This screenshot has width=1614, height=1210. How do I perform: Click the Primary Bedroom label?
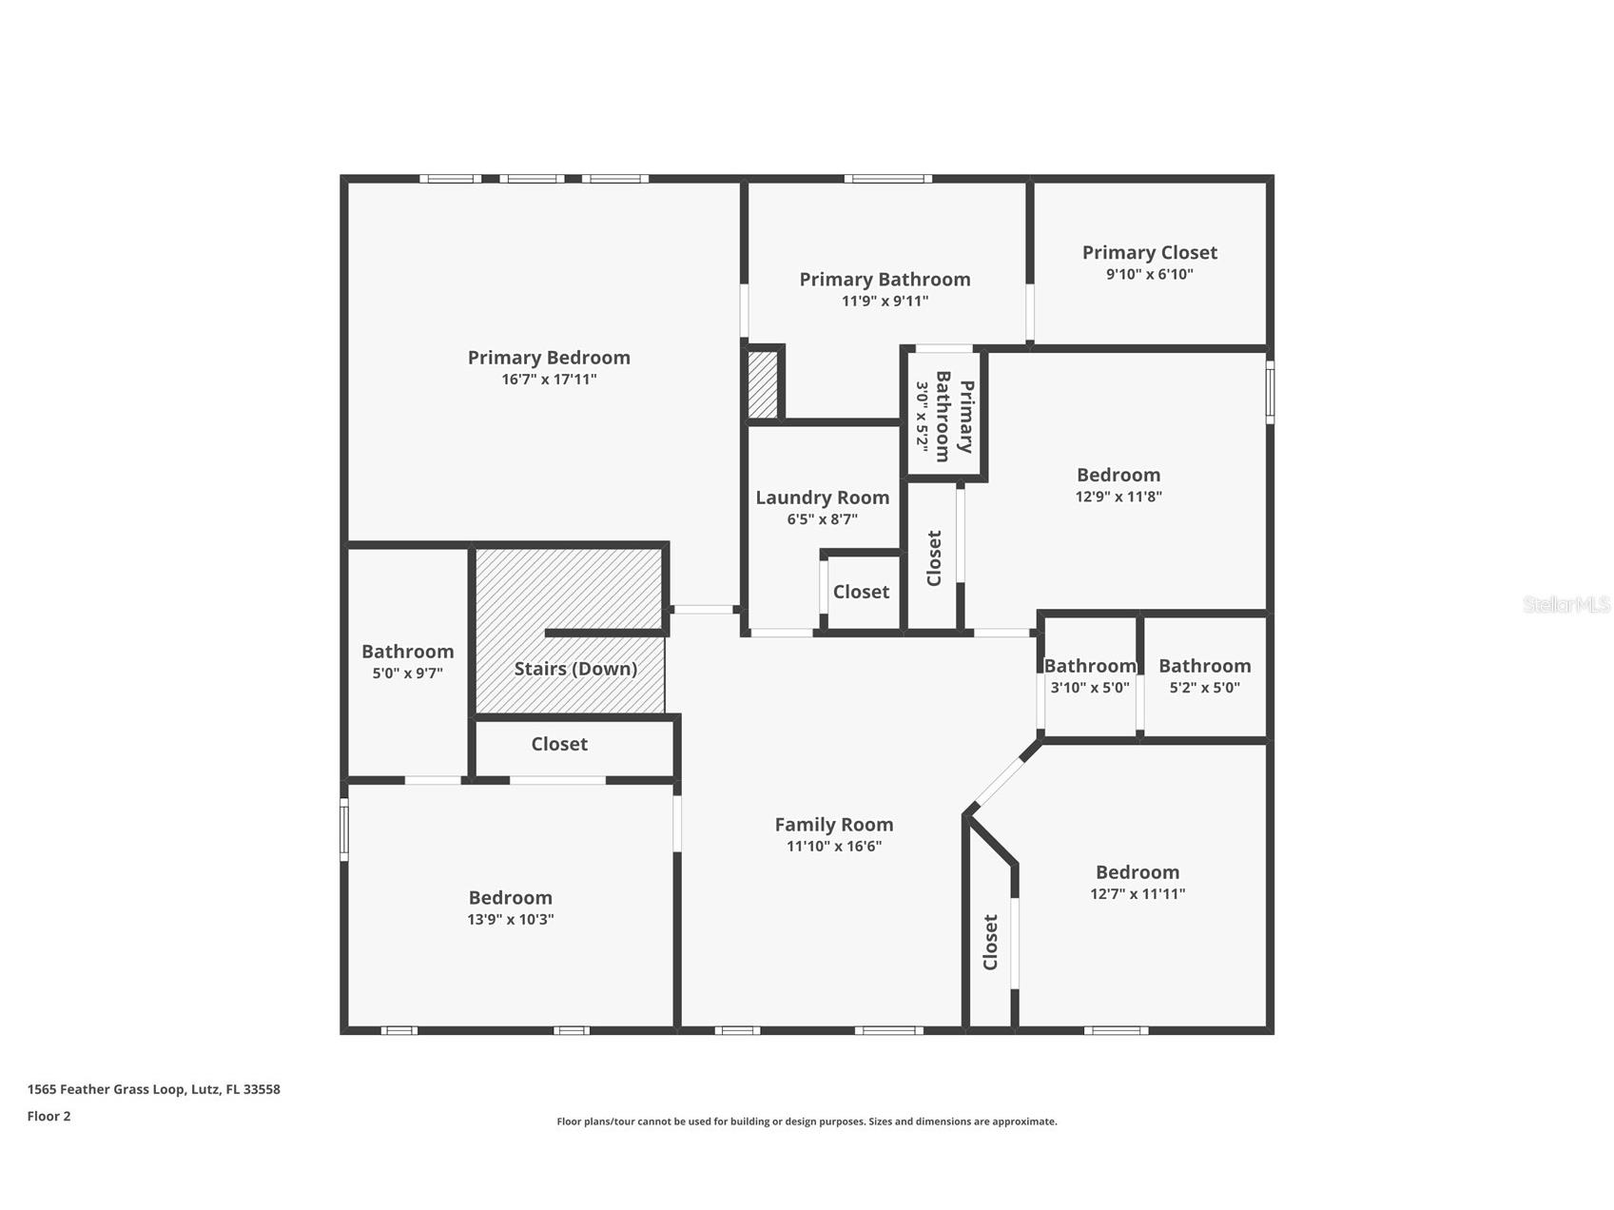pos(549,358)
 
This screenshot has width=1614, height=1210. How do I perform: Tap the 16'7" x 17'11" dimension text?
pos(549,380)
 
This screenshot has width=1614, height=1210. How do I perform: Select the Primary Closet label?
pos(1150,253)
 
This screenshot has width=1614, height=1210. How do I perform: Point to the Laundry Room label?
pos(823,498)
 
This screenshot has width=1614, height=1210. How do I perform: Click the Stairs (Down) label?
pos(576,669)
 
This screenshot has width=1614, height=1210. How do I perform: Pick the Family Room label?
pos(834,825)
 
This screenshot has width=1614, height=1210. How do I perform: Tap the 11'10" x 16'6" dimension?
pos(834,847)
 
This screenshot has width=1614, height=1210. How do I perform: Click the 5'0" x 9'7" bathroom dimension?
pos(407,673)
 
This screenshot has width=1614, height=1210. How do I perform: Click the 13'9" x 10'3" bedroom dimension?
pos(511,920)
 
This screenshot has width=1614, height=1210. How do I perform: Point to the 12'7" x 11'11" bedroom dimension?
pos(1138,894)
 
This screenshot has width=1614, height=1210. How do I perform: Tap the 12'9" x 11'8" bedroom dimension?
pos(1118,497)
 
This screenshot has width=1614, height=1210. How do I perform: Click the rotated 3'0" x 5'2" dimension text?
pos(922,416)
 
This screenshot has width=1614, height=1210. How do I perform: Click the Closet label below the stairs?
pos(559,744)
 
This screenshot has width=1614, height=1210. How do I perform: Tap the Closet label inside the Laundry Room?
pos(862,592)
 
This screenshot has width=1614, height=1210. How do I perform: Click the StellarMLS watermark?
pos(1566,604)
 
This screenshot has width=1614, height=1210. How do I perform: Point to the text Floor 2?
pos(49,1117)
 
